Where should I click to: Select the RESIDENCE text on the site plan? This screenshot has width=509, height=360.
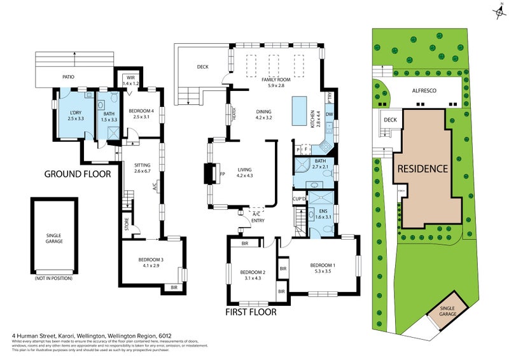(x=423, y=169)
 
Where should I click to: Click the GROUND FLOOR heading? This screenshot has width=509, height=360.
(x=78, y=174)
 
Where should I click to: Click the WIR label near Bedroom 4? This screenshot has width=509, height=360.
(x=130, y=79)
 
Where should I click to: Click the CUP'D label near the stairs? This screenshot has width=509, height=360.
(x=299, y=199)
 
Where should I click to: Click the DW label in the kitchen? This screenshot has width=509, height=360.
(x=328, y=114)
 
